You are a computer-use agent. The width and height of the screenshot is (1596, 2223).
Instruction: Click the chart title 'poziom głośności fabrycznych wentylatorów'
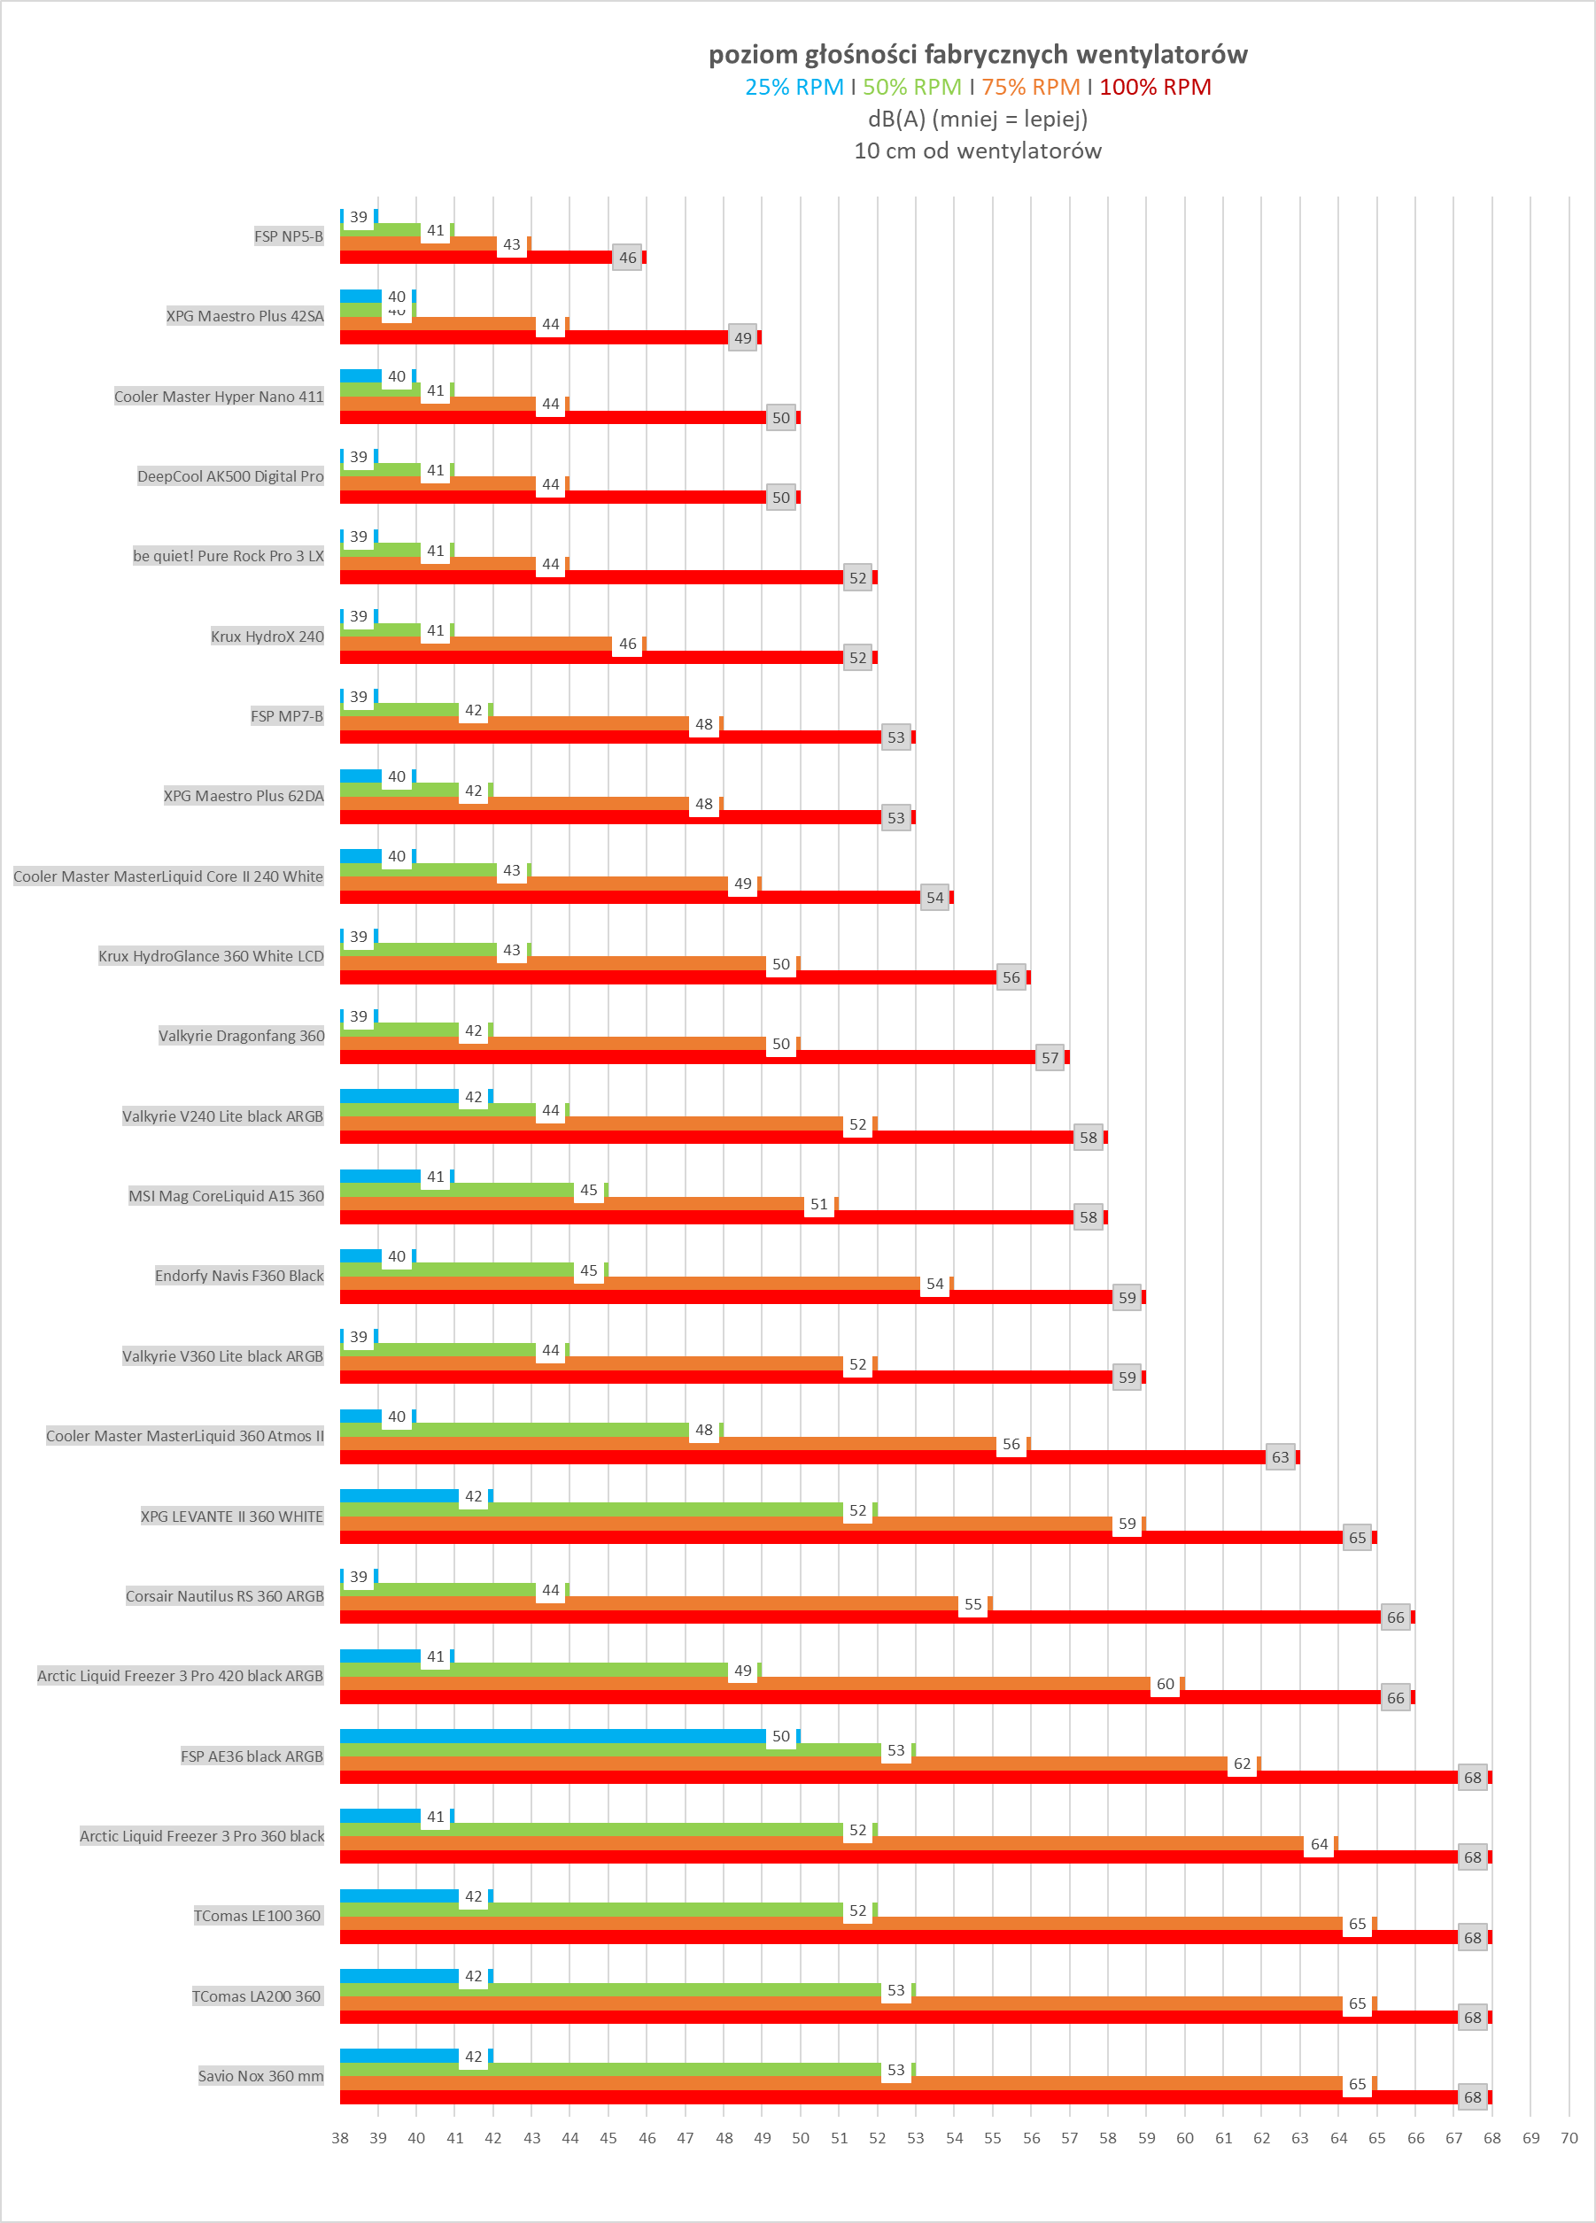click(978, 54)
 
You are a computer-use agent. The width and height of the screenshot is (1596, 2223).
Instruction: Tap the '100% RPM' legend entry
click(1155, 88)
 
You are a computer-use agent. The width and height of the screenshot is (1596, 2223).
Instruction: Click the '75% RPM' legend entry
click(1030, 88)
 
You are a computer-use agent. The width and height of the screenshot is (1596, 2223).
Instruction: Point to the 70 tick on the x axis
click(1569, 2138)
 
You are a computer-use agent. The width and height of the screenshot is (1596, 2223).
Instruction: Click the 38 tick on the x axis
click(340, 2138)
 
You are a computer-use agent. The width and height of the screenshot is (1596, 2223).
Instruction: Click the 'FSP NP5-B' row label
click(288, 236)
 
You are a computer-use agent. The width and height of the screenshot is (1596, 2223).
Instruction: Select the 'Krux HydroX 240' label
click(267, 637)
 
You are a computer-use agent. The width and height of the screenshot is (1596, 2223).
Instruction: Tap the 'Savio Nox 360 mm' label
click(260, 2075)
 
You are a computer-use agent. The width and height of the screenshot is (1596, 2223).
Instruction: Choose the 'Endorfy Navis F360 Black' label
click(239, 1275)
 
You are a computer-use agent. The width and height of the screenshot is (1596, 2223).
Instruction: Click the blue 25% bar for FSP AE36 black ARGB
click(553, 1736)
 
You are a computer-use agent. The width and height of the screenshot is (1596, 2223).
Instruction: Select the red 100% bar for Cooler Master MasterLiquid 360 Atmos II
click(802, 1457)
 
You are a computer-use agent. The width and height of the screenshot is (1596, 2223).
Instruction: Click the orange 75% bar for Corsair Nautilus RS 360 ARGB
click(648, 1603)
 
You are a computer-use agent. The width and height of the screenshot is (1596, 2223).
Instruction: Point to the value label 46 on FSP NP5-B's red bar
click(627, 258)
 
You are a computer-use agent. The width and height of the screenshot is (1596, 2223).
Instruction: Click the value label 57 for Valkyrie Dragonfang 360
click(1050, 1058)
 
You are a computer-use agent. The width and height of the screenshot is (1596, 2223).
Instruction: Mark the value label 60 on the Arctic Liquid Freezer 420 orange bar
click(1165, 1684)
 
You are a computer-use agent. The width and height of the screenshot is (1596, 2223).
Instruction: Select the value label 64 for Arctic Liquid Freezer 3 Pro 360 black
click(1320, 1844)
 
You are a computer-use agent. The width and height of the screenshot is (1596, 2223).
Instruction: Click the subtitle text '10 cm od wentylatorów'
click(978, 151)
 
